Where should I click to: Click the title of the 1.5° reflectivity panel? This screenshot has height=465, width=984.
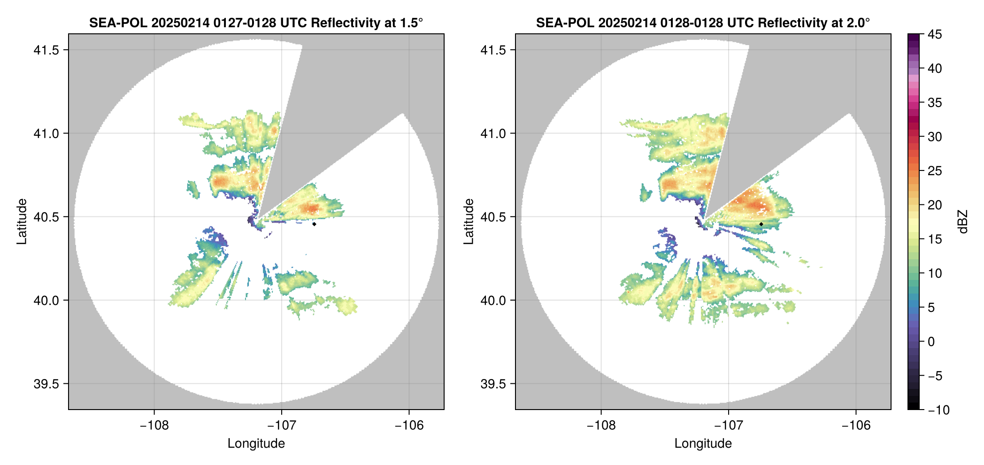256,23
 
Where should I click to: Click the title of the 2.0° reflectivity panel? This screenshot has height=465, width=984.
703,23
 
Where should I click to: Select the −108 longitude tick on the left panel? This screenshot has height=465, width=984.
154,425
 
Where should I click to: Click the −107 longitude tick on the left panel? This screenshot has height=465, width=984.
282,425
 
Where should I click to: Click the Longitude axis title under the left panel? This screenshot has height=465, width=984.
256,443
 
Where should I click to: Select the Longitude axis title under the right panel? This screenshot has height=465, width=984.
703,443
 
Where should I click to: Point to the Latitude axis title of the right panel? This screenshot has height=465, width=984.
469,221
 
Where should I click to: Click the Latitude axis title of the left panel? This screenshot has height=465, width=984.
22,221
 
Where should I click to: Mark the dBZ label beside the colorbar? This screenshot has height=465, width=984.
963,222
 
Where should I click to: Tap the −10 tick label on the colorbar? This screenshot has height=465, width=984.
939,410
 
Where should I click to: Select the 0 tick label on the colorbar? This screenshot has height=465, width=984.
931,341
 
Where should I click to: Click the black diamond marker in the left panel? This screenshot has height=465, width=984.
314,224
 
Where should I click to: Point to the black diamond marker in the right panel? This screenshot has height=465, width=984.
761,224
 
